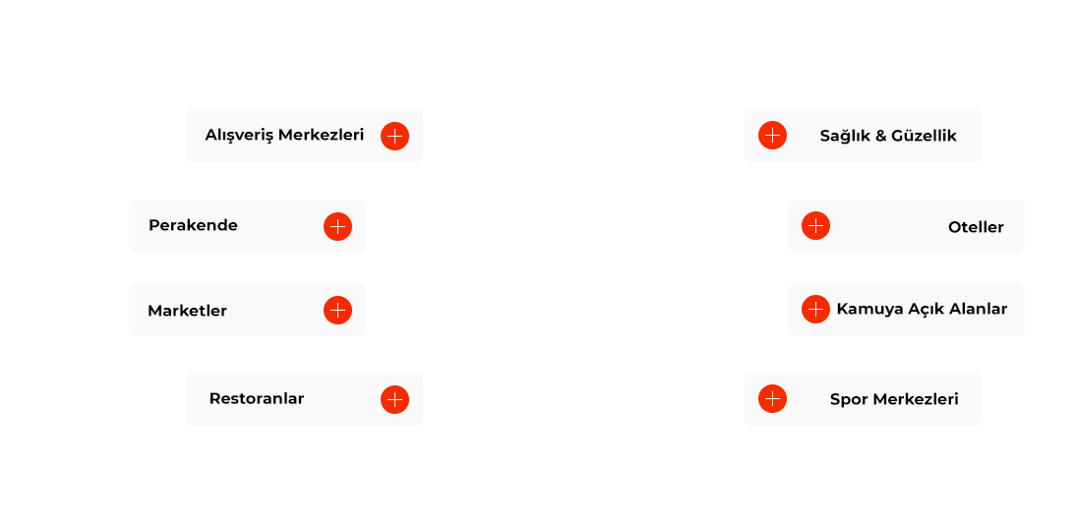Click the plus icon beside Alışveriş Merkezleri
pyautogui.click(x=395, y=136)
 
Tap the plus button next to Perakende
pyautogui.click(x=338, y=226)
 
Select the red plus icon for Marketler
pyautogui.click(x=338, y=311)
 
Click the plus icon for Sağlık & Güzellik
pyautogui.click(x=773, y=136)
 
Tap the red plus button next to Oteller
pyautogui.click(x=816, y=226)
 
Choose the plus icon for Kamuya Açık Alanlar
pyautogui.click(x=816, y=310)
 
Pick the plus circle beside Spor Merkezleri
pyautogui.click(x=773, y=399)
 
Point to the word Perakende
pyautogui.click(x=193, y=225)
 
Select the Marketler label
pyautogui.click(x=187, y=311)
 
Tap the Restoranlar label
pyautogui.click(x=256, y=399)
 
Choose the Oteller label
pyautogui.click(x=976, y=227)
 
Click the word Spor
pyautogui.click(x=848, y=399)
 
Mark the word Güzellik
pyautogui.click(x=925, y=136)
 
